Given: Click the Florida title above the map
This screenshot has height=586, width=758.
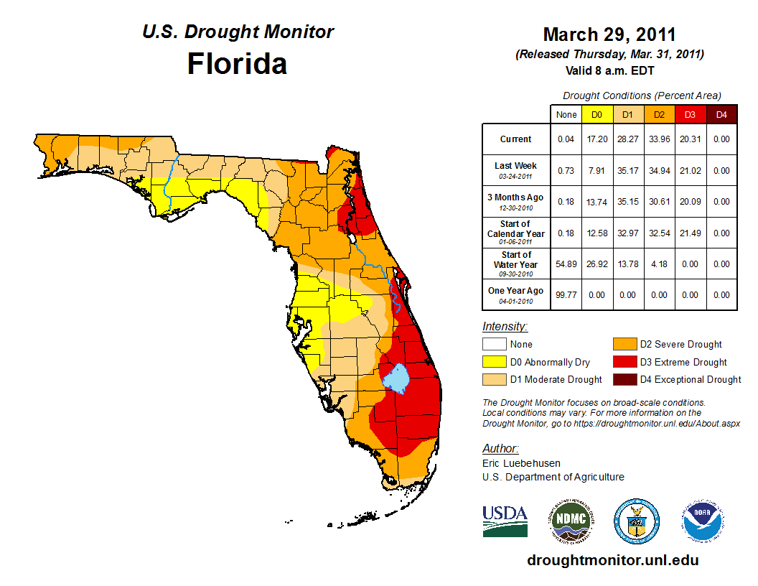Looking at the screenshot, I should (237, 64).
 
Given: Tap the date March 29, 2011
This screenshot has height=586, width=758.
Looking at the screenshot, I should (609, 34).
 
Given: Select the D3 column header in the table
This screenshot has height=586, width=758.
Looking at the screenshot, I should (689, 114).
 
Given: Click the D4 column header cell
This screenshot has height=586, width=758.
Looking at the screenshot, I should (721, 114).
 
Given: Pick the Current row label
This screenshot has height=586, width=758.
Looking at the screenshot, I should (516, 139).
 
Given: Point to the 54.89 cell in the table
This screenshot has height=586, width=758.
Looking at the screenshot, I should (566, 264).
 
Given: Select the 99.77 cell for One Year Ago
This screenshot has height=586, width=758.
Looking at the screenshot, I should (566, 295).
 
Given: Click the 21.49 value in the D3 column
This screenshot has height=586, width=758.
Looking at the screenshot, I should (689, 233).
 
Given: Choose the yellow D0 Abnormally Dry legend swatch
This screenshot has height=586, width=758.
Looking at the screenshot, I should (493, 362).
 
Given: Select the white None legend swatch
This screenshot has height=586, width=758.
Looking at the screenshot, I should (493, 345).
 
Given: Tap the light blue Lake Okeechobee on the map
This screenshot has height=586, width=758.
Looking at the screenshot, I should (394, 378).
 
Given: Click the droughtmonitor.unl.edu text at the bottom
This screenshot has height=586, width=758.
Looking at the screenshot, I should (612, 560).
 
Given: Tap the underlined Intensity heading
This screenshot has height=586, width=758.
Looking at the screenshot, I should (505, 327).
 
